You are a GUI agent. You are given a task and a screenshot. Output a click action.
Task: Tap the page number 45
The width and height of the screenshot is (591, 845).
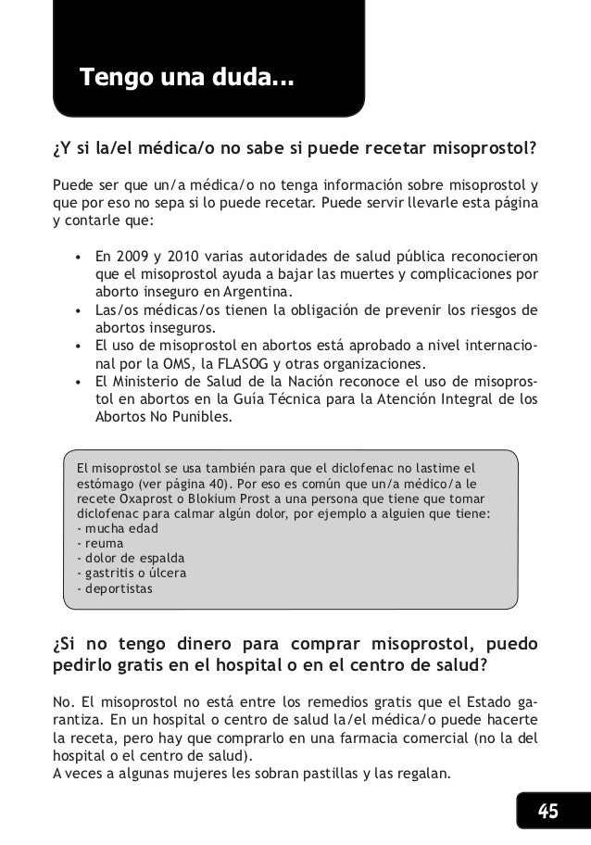pyautogui.click(x=549, y=813)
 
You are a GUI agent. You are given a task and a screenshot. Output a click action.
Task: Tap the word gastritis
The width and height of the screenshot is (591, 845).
pyautogui.click(x=110, y=574)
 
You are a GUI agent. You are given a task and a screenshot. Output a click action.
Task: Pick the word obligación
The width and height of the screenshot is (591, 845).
pyautogui.click(x=295, y=309)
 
